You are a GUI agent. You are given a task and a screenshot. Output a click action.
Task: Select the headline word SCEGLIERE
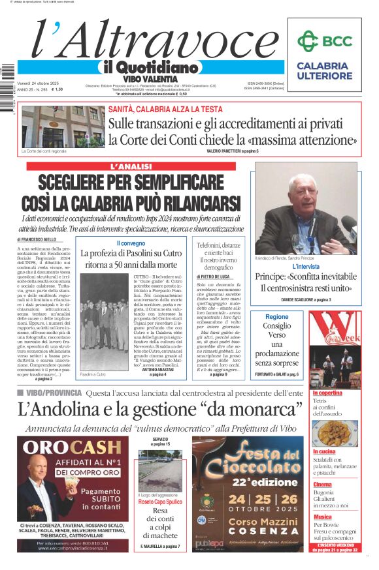pos(82,183)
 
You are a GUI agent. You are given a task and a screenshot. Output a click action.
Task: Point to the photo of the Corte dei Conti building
pos(61,127)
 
